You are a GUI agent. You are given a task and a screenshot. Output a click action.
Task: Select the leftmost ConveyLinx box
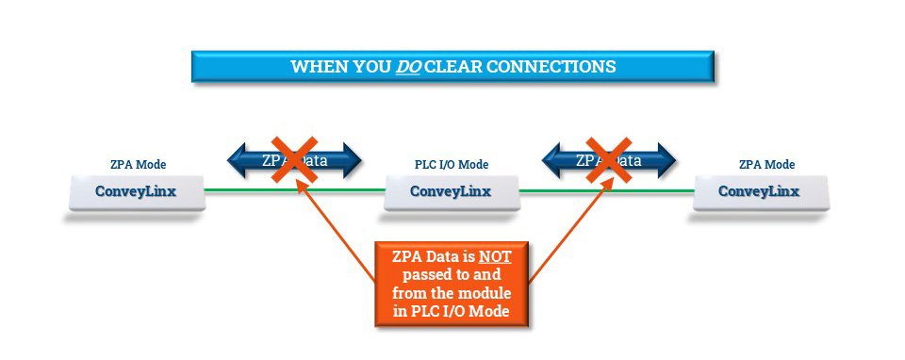click(137, 191)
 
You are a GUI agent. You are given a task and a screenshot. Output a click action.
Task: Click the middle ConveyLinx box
click(451, 191)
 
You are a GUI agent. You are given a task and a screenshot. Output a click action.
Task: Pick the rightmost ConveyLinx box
click(760, 191)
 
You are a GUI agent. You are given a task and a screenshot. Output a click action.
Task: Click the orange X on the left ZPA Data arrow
click(295, 157)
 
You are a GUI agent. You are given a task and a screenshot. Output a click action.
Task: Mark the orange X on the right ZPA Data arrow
click(608, 157)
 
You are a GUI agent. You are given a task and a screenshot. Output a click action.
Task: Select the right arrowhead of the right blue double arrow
click(666, 159)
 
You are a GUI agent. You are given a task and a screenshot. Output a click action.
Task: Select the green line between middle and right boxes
click(606, 190)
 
